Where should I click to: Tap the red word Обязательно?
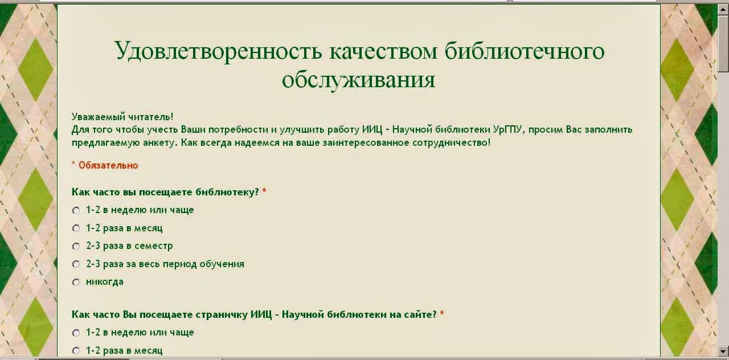108,165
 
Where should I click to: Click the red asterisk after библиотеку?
264,190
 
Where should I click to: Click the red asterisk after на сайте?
441,313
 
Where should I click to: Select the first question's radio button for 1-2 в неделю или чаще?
76,211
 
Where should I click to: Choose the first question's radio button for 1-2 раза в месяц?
76,228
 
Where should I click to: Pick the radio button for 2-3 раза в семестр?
76,247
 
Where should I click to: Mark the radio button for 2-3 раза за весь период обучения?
76,264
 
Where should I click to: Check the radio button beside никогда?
76,282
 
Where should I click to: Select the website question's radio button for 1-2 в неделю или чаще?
76,333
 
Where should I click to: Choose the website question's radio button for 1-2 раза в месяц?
76,351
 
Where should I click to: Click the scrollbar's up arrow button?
723,10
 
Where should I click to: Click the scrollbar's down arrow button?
723,351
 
